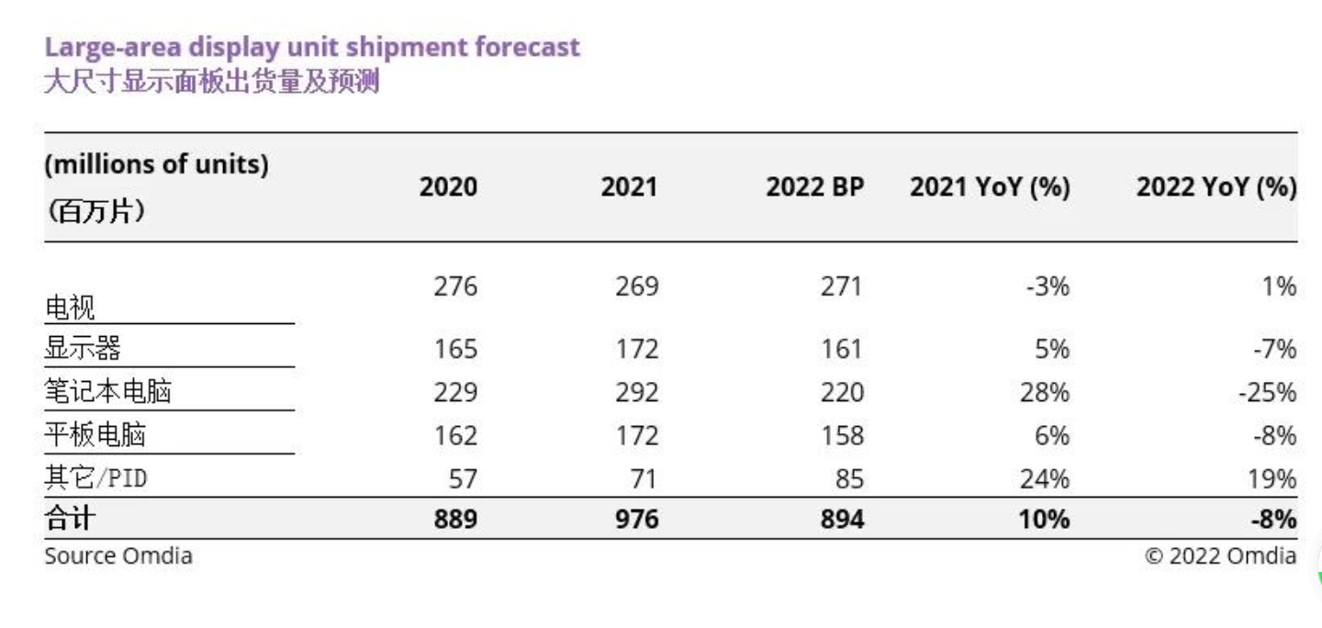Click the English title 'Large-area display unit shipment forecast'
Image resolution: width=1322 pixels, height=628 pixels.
[x=312, y=48]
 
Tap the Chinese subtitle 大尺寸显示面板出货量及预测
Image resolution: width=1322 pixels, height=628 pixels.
[x=212, y=83]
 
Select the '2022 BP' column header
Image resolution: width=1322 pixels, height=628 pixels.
[x=815, y=187]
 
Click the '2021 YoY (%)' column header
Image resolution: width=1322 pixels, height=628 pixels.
[x=990, y=187]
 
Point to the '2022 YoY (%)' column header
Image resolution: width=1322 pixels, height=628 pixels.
[x=1216, y=187]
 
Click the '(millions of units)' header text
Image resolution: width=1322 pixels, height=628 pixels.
[x=157, y=165]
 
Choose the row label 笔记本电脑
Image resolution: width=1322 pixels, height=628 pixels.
[x=108, y=393]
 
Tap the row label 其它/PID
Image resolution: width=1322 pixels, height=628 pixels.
[x=95, y=478]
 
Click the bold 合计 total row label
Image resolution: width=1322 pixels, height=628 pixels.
[x=70, y=520]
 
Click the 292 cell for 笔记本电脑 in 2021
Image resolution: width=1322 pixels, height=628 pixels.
[x=636, y=393]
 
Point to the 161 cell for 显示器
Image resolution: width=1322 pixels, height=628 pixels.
[x=842, y=350]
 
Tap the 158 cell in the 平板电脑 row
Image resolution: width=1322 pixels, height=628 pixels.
[x=842, y=435]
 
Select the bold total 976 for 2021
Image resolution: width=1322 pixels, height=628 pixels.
[x=636, y=520]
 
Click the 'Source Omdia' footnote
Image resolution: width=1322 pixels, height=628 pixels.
[x=118, y=555]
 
